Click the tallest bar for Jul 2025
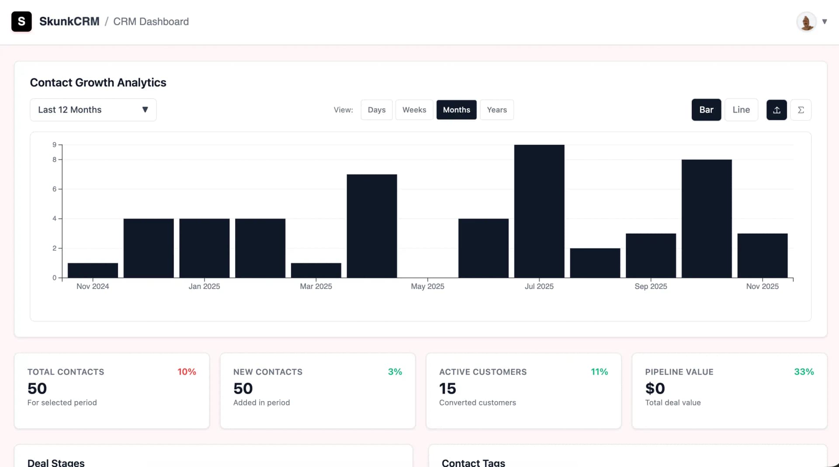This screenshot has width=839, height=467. [539, 211]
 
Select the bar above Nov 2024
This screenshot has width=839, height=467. [93, 270]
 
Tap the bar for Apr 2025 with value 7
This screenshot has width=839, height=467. [371, 226]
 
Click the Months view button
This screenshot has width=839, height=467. [456, 110]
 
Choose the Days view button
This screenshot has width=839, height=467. [376, 110]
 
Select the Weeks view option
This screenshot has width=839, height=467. [414, 110]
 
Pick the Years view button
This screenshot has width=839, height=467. [496, 110]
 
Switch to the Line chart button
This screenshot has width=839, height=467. [741, 110]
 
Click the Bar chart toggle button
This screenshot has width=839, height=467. [706, 110]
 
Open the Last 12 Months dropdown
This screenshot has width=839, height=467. [93, 110]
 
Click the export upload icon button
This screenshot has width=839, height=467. [776, 110]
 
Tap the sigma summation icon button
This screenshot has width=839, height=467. [801, 110]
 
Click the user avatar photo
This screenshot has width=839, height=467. [806, 21]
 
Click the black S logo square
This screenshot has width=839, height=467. [21, 21]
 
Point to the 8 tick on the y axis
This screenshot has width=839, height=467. [55, 160]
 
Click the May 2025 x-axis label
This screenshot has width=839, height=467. [427, 286]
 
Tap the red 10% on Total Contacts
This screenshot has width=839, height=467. [187, 372]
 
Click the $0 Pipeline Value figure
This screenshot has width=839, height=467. [655, 388]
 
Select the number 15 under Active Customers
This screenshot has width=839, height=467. [447, 388]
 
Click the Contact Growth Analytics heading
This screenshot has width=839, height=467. [98, 82]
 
